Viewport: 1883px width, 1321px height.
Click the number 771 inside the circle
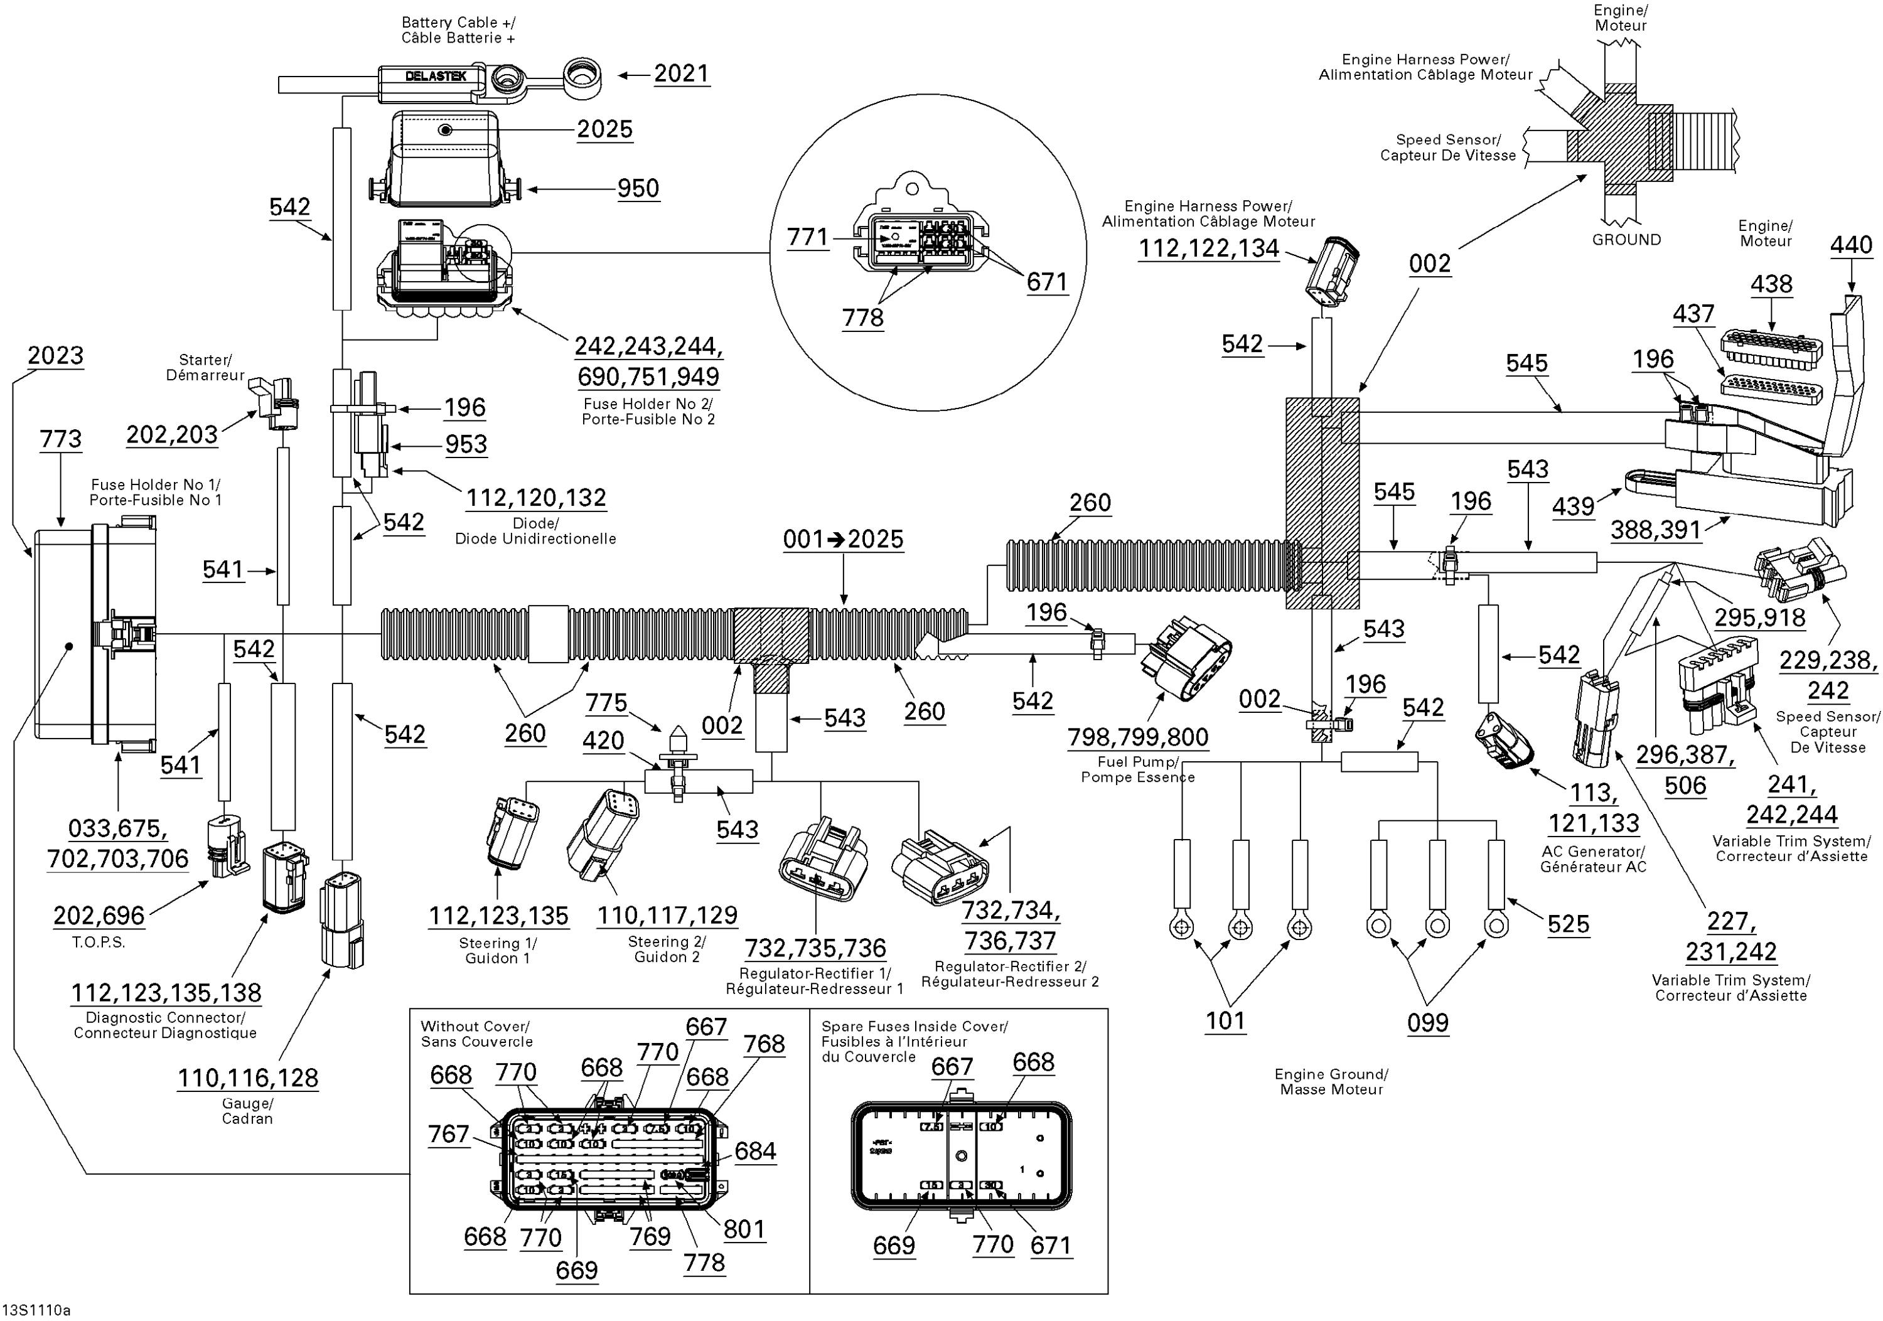(x=807, y=238)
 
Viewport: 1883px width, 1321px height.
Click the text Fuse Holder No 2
(x=648, y=404)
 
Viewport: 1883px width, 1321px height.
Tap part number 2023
(x=55, y=356)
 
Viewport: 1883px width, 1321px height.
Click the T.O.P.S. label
(x=99, y=942)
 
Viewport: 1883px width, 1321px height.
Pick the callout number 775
(x=606, y=703)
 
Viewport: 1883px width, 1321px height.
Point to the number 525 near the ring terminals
(x=1568, y=925)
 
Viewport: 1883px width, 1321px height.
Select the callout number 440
(x=1851, y=245)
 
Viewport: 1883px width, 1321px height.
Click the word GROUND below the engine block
(x=1626, y=240)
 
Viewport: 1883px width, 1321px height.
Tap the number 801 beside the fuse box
(x=744, y=1229)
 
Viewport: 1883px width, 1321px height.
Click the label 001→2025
(x=842, y=540)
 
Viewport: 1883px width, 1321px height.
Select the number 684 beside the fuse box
(x=754, y=1152)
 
